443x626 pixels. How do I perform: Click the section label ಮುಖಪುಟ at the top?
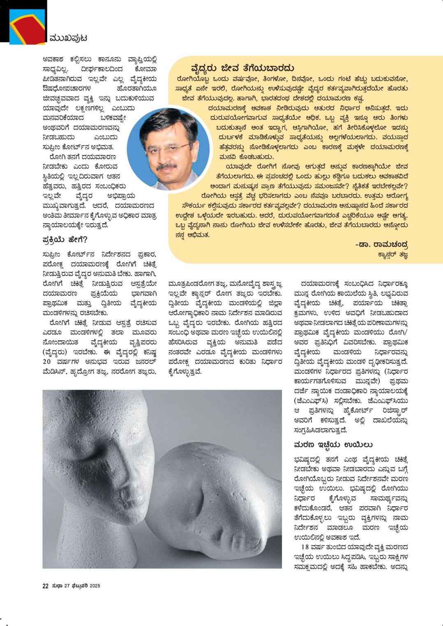pyautogui.click(x=68, y=38)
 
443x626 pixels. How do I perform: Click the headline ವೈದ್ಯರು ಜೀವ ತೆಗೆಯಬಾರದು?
pyautogui.click(x=243, y=68)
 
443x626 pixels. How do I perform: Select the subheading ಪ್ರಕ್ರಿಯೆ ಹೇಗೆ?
pyautogui.click(x=65, y=240)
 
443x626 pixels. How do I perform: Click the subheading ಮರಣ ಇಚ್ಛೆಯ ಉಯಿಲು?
pyautogui.click(x=333, y=445)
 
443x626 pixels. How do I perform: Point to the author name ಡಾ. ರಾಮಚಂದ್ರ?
pyautogui.click(x=382, y=245)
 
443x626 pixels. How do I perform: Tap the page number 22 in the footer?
pyautogui.click(x=46, y=586)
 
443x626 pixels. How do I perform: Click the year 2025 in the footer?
pyautogui.click(x=95, y=586)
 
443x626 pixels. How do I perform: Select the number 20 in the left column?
pyautogui.click(x=47, y=362)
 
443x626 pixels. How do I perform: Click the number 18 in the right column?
pyautogui.click(x=305, y=547)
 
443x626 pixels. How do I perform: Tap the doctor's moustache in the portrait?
pyautogui.click(x=166, y=166)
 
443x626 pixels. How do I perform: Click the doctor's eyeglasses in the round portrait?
pyautogui.click(x=166, y=147)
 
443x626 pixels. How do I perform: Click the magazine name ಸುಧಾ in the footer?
pyautogui.click(x=57, y=586)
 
